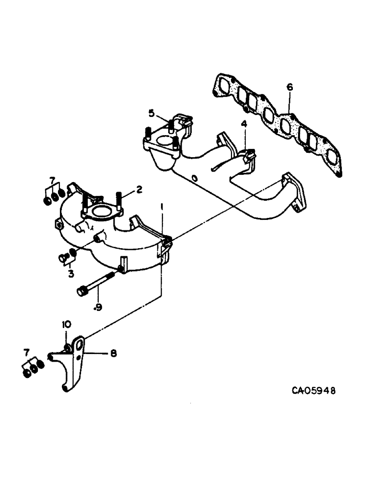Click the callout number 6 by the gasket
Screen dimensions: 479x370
point(289,87)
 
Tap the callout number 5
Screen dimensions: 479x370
point(151,114)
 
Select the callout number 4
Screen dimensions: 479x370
point(244,124)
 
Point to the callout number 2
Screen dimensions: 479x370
point(139,190)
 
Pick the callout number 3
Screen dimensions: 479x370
point(70,274)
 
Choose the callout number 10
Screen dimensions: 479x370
point(66,325)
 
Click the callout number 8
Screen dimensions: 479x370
point(113,354)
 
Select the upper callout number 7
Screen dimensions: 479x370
point(53,179)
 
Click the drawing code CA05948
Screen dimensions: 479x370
point(313,390)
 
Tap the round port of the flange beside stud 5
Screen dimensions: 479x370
point(162,142)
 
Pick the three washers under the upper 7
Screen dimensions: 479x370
point(53,195)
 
